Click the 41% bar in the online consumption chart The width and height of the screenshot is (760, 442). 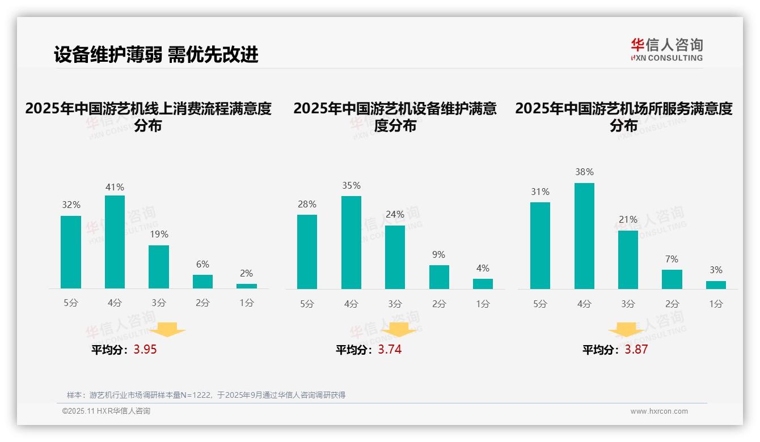pyautogui.click(x=115, y=242)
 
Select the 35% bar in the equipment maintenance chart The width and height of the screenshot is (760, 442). pyautogui.click(x=351, y=243)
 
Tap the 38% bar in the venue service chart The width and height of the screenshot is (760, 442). pyautogui.click(x=584, y=236)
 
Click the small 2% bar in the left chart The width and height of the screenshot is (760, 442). pyautogui.click(x=247, y=286)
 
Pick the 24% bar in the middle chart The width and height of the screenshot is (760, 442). pyautogui.click(x=395, y=257)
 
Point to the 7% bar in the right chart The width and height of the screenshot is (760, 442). pyautogui.click(x=672, y=279)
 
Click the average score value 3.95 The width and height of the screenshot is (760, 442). pyautogui.click(x=145, y=350)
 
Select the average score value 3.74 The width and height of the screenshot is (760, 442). pyautogui.click(x=390, y=350)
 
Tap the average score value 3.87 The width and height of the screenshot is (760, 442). pyautogui.click(x=636, y=350)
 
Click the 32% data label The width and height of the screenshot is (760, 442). pyautogui.click(x=71, y=205)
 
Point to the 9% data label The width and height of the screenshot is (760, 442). pyautogui.click(x=438, y=255)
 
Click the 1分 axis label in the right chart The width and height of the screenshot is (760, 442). pyautogui.click(x=716, y=304)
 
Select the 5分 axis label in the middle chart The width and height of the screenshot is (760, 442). pyautogui.click(x=307, y=304)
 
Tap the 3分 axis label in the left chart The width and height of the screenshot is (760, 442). pyautogui.click(x=159, y=303)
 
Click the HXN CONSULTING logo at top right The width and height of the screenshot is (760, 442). pyautogui.click(x=666, y=50)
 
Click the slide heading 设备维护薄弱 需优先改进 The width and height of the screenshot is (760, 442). pyautogui.click(x=156, y=55)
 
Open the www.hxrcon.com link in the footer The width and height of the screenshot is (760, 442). pyautogui.click(x=658, y=411)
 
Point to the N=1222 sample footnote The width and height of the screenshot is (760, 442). pyautogui.click(x=206, y=395)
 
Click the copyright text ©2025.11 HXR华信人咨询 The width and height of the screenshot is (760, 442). pyautogui.click(x=106, y=411)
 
